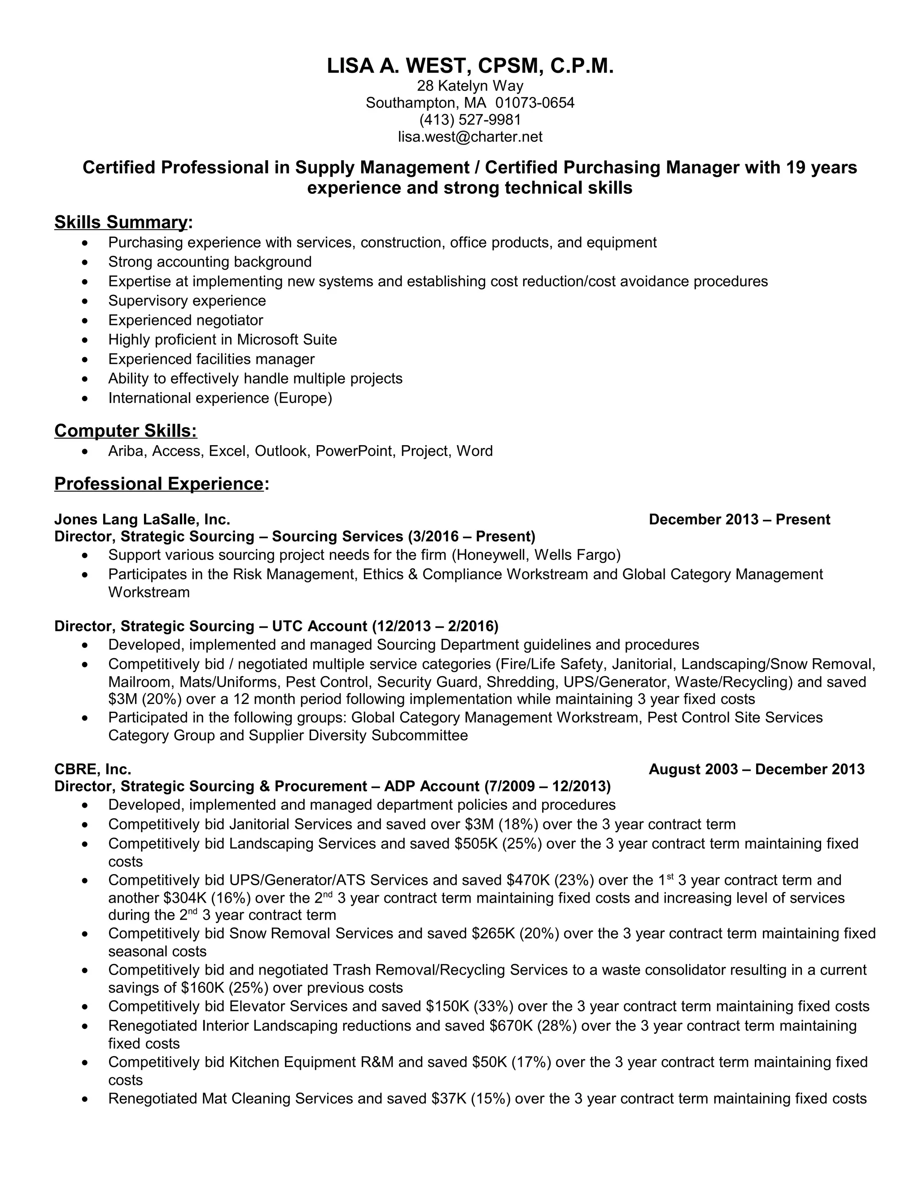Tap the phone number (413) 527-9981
[x=470, y=119]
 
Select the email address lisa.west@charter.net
[x=470, y=137]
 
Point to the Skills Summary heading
[x=121, y=222]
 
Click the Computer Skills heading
[x=125, y=431]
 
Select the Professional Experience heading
[x=159, y=483]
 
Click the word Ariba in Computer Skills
[x=125, y=451]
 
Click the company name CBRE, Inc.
[x=92, y=769]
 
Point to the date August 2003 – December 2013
[x=756, y=769]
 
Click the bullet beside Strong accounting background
[x=84, y=262]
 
